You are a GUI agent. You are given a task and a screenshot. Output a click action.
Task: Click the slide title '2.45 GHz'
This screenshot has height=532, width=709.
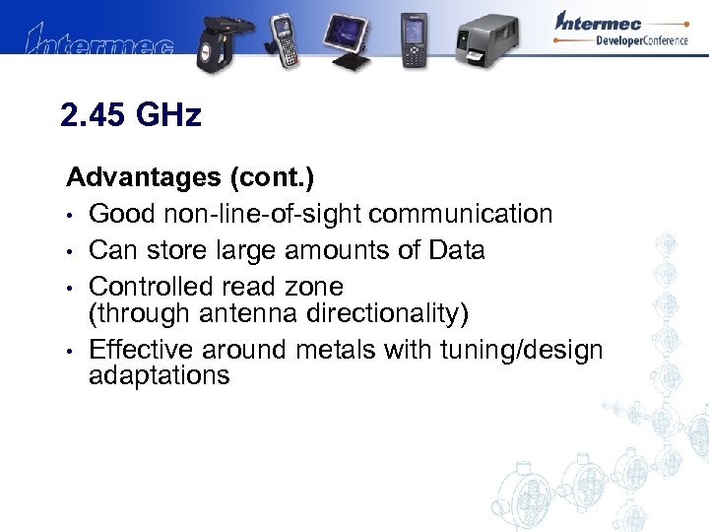pyautogui.click(x=130, y=116)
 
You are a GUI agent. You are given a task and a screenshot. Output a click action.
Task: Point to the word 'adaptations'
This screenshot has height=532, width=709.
pyautogui.click(x=160, y=376)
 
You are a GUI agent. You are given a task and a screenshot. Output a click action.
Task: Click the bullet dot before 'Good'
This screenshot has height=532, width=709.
pyautogui.click(x=72, y=216)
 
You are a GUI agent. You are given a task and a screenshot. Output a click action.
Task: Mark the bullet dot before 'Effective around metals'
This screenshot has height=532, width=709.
pyautogui.click(x=72, y=352)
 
